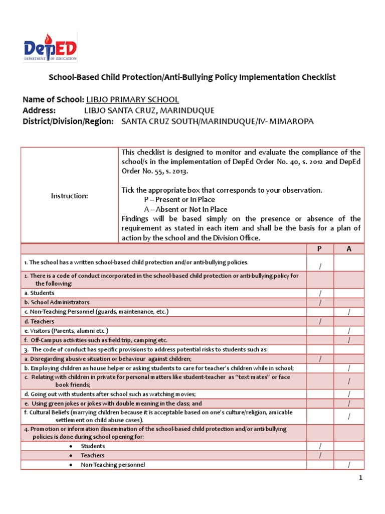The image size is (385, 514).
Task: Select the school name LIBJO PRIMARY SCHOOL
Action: [132, 100]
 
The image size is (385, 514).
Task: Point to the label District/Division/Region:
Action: [68, 121]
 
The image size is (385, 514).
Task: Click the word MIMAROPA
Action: [292, 121]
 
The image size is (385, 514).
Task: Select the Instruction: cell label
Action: [69, 196]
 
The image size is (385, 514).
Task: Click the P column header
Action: [320, 248]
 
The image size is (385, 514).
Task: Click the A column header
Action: [349, 248]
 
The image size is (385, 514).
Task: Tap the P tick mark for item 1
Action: [320, 266]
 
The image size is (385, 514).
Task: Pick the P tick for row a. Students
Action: [320, 293]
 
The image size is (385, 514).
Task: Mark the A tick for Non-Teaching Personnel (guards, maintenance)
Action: [349, 312]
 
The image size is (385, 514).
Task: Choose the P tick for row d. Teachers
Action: [320, 322]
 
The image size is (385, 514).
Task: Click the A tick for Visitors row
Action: [349, 331]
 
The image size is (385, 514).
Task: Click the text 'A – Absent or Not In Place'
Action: [185, 209]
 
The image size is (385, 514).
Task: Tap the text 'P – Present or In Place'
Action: [179, 200]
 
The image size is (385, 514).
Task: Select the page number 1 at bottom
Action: [360, 478]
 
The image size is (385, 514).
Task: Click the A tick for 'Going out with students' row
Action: [349, 394]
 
